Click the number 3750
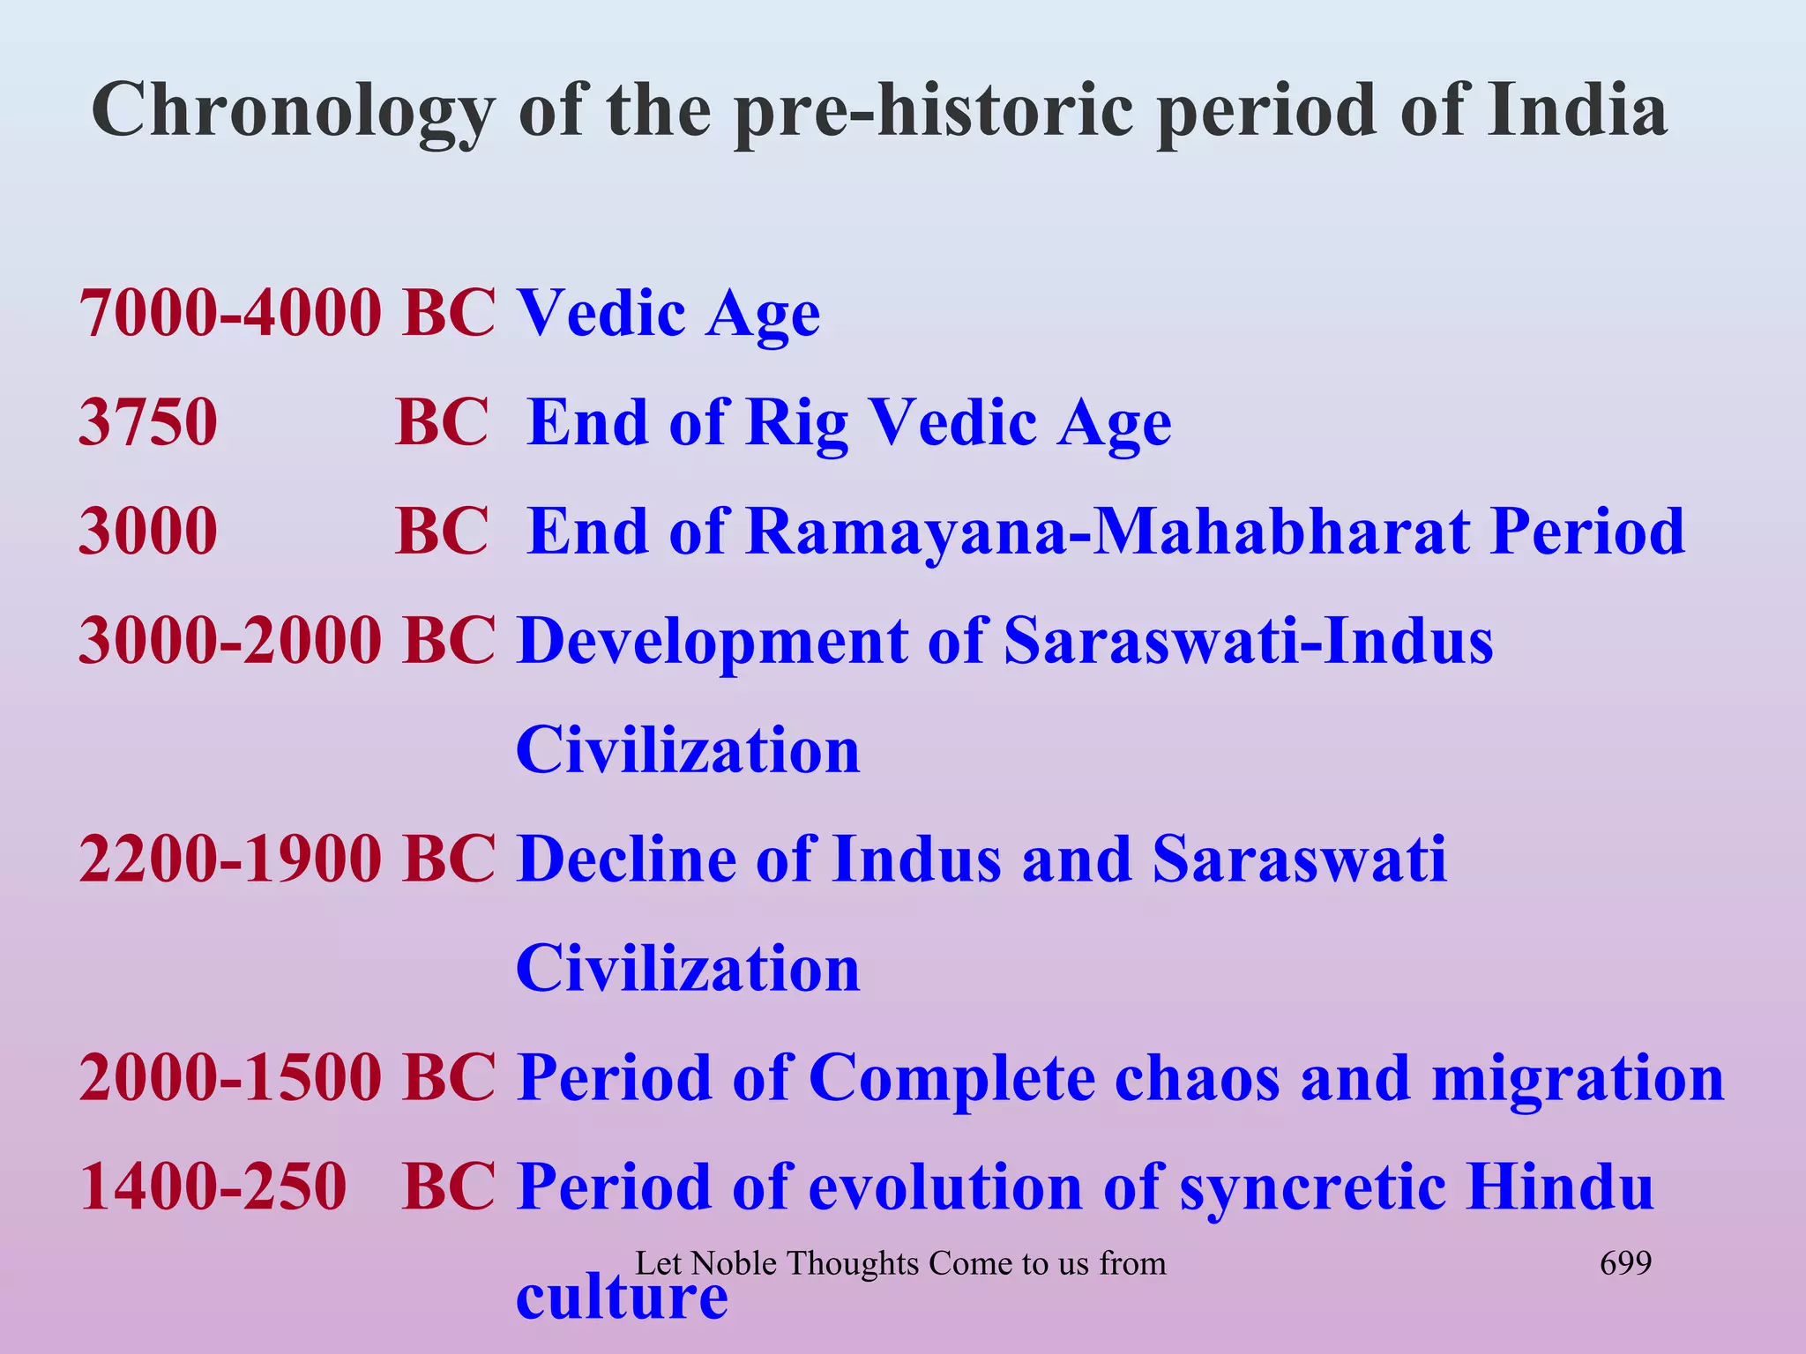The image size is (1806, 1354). [148, 422]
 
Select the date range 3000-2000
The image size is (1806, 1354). [230, 641]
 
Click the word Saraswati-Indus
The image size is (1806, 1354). [1249, 641]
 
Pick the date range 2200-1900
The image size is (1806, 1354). [230, 859]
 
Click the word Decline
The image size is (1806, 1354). [626, 859]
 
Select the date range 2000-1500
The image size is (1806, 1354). [230, 1077]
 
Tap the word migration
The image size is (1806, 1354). [1578, 1079]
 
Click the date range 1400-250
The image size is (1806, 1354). [213, 1187]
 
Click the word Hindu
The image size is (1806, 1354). [1559, 1187]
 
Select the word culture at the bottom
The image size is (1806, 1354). [622, 1298]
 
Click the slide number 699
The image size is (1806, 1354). [1625, 1263]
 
